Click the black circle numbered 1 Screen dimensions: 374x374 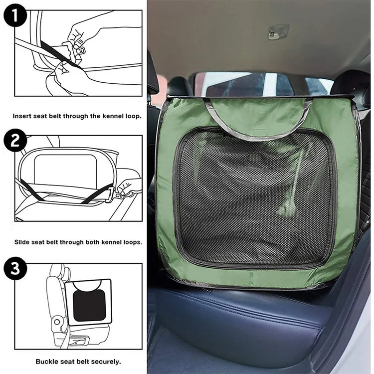click(x=15, y=15)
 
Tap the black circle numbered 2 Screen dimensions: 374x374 click(x=15, y=140)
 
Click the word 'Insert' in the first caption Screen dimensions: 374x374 click(x=21, y=116)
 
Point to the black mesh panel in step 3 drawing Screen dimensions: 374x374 click(x=89, y=306)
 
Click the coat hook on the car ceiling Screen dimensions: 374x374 click(x=278, y=31)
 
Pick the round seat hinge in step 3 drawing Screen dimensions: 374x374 click(x=57, y=322)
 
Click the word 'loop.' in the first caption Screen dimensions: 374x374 click(x=134, y=116)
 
